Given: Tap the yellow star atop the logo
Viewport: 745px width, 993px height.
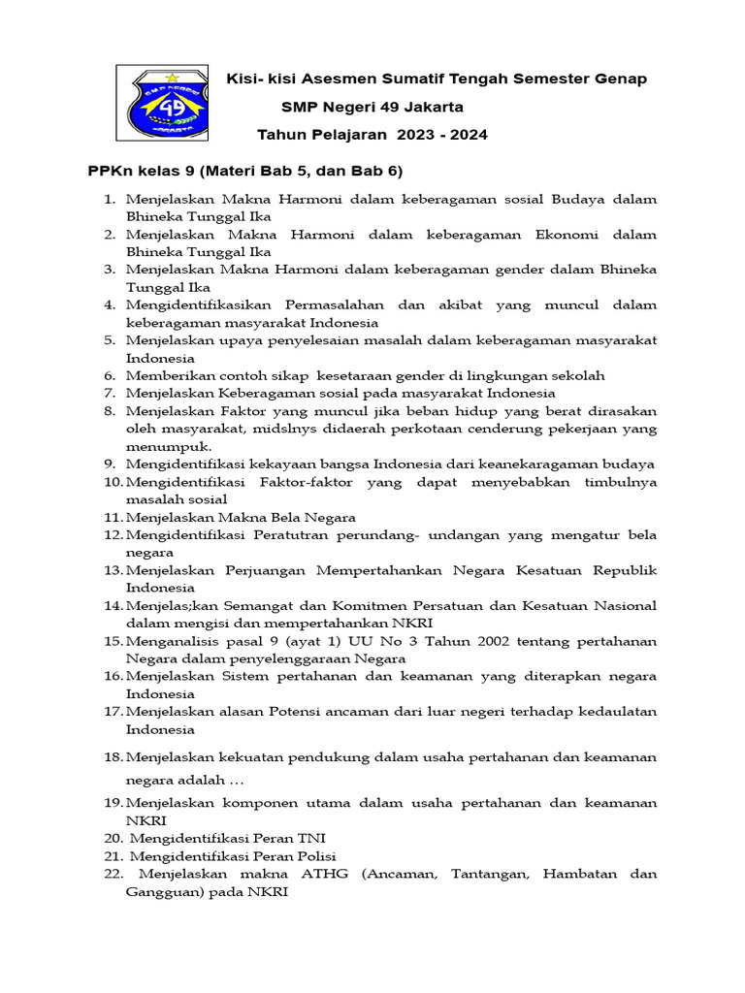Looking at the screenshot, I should click(173, 77).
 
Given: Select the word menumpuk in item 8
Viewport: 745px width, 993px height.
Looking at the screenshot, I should click(160, 446).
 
